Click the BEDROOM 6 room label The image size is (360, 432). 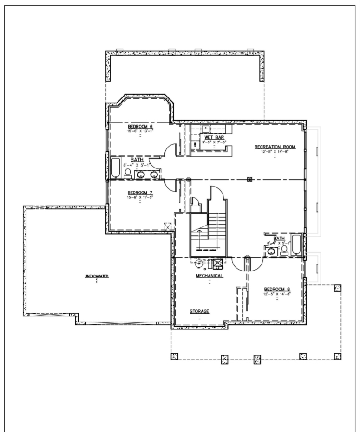pos(140,126)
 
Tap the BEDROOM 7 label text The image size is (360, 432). pos(140,193)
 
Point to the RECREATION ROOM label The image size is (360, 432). pos(275,147)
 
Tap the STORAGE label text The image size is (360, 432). pos(199,311)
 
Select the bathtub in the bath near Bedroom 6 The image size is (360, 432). pos(115,168)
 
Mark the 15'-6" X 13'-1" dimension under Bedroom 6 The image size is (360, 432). pos(140,131)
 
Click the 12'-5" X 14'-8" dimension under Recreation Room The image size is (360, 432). pos(275,152)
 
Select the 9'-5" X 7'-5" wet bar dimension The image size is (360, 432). pos(214,142)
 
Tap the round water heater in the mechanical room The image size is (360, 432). pos(199,264)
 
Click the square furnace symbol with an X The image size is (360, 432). pos(217,264)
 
